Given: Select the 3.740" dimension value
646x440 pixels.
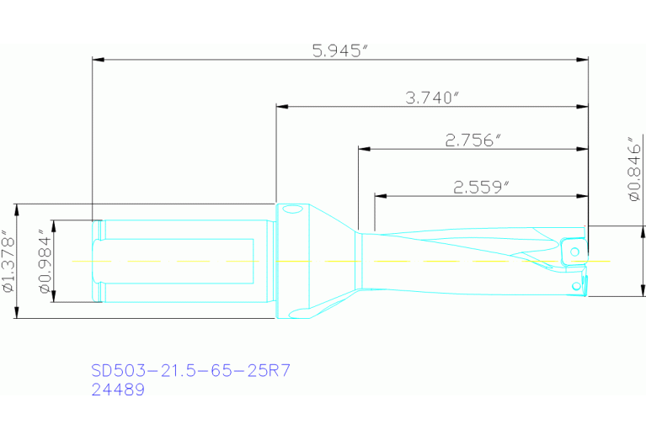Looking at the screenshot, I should [x=432, y=98].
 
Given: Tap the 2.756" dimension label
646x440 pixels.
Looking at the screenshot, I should [x=472, y=140].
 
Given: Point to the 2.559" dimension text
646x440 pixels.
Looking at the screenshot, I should [x=481, y=188].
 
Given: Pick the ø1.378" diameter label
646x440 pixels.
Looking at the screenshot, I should [x=8, y=261].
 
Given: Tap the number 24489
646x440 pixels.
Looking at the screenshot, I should [x=117, y=390].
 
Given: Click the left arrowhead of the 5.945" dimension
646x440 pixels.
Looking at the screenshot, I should [x=97, y=60].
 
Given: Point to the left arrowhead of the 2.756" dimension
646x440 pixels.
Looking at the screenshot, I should [x=364, y=150].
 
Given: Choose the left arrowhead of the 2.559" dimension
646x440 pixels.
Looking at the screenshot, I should [x=380, y=197].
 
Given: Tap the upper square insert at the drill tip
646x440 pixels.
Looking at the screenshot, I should [x=573, y=250].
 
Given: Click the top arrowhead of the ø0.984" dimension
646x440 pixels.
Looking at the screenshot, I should [x=53, y=225].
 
